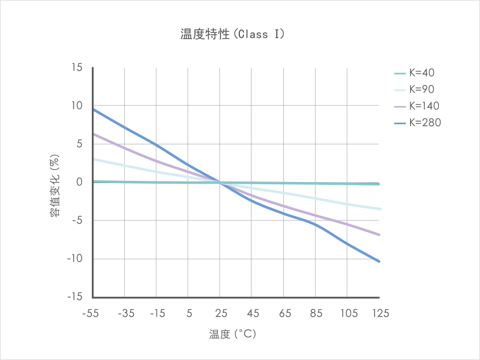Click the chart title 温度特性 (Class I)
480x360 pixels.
point(233,34)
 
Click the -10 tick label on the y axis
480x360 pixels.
point(75,259)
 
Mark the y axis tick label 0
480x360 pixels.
point(80,183)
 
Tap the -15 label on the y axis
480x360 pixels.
point(75,297)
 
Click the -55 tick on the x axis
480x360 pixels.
point(92,313)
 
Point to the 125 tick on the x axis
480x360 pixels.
point(380,313)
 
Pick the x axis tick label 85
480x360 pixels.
point(316,313)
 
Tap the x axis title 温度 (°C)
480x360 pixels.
point(235,334)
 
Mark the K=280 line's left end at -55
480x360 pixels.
point(93,109)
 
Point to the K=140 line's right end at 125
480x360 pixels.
point(380,234)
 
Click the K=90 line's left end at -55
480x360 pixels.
point(93,159)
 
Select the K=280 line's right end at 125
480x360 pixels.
point(380,261)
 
